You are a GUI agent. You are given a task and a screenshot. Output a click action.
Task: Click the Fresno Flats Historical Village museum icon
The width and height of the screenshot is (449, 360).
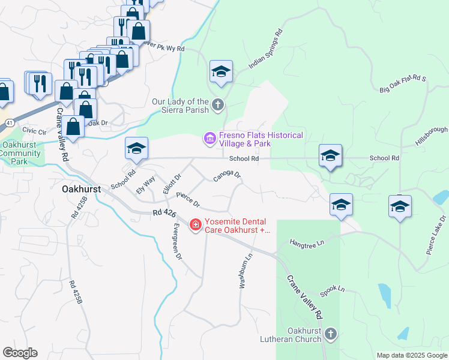click(209, 139)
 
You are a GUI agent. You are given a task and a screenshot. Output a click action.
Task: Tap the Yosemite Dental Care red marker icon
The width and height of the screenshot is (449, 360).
click(195, 225)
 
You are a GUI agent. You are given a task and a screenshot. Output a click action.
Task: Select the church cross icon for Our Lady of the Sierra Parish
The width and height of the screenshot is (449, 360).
click(218, 106)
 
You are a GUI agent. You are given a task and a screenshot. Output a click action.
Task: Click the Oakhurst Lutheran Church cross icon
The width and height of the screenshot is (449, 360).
click(330, 334)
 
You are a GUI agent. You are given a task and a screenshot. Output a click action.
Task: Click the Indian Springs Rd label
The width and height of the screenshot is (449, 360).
click(265, 50)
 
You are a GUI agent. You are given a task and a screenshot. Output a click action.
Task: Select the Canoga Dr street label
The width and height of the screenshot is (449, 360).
click(227, 176)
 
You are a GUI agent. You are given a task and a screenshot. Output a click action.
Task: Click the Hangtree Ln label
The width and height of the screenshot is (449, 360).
click(306, 242)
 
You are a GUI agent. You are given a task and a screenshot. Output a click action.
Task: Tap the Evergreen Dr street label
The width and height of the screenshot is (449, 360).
click(176, 241)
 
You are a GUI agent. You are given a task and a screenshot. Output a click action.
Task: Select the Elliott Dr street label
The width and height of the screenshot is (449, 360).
click(172, 184)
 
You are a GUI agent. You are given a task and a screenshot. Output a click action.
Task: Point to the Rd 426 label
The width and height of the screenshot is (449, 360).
click(165, 213)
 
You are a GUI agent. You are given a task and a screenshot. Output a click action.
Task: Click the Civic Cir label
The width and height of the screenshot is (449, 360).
click(34, 130)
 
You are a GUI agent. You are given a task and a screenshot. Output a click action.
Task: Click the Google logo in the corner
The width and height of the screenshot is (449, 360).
click(20, 353)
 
